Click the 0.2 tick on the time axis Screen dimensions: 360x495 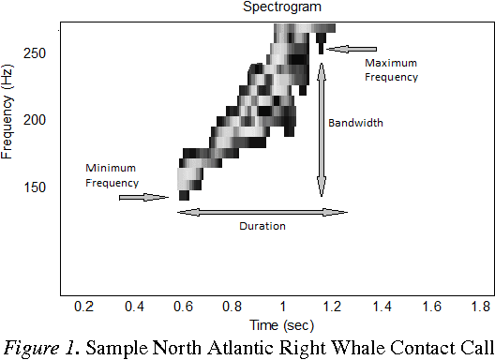coord(84,307)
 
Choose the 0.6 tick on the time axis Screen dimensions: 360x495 coord(183,307)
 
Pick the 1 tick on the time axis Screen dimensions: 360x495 coord(282,307)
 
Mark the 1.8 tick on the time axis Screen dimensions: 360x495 coord(481,307)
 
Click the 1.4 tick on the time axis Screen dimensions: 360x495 coord(382,307)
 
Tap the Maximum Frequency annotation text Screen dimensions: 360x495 coord(392,69)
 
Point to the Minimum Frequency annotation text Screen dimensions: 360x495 coord(112,174)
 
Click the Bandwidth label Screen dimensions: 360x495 coord(355,122)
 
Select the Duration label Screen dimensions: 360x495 coord(262,226)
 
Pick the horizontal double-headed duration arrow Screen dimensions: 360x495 coord(262,212)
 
